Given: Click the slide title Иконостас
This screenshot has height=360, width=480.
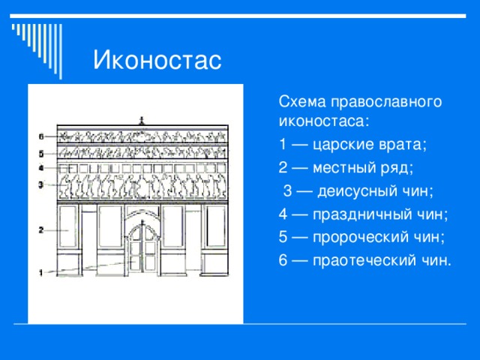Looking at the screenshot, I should pos(157,60).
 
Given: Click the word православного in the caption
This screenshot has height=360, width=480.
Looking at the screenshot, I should pos(375,101).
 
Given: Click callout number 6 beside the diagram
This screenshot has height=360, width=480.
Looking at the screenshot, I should pos(42,136).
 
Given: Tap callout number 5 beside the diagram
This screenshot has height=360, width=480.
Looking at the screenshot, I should pos(42,154).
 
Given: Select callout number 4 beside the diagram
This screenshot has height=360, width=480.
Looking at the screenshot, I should pos(42,167).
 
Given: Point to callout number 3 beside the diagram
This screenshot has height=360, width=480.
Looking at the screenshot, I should pos(42,183).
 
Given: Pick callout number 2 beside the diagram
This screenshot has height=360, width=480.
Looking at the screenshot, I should pos(42,230).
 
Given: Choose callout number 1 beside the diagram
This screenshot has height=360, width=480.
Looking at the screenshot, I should pos(42,274).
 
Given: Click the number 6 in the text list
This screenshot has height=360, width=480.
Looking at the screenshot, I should pos(283,260).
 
